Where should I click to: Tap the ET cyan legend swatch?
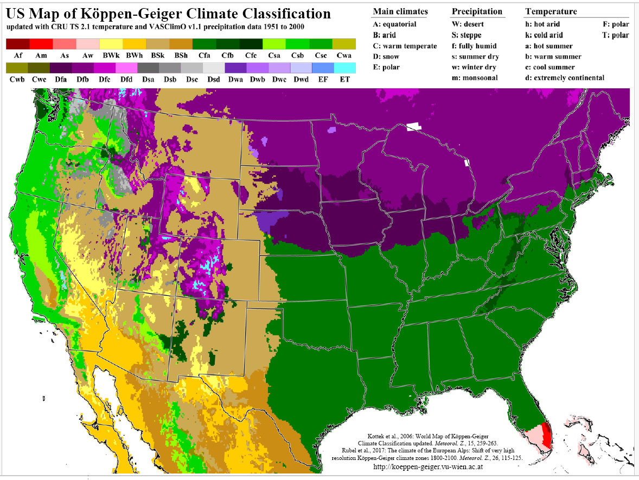[x=344, y=68]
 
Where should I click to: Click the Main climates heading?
[x=400, y=12]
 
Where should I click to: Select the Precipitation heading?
[x=477, y=12]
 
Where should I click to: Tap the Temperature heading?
[x=551, y=12]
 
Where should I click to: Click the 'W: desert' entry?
[x=468, y=24]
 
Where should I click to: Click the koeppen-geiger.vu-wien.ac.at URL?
[x=429, y=466]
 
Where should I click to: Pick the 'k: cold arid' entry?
[x=544, y=35]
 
